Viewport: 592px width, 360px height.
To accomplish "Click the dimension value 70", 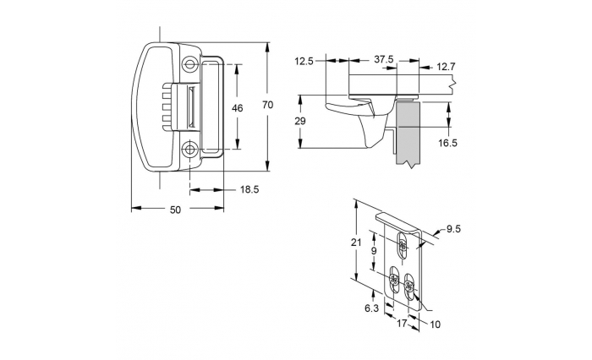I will tap(267, 105).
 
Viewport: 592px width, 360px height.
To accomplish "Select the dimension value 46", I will tap(237, 107).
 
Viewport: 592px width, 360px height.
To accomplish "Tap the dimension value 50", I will tap(176, 210).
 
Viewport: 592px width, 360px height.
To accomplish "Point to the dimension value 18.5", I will tap(249, 190).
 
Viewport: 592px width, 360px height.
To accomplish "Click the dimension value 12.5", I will tap(305, 60).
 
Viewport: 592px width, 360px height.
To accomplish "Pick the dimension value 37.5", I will tap(383, 60).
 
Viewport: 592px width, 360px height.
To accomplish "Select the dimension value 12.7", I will tap(448, 67).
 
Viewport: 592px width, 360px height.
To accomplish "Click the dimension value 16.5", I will tap(448, 143).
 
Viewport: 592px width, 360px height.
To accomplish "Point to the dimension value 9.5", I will tap(452, 228).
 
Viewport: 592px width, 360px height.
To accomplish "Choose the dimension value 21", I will tap(356, 243).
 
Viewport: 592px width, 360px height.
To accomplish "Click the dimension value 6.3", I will tap(370, 308).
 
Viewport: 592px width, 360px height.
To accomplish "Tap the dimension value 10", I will tap(436, 323).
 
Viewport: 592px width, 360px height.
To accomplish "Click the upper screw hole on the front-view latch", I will tap(189, 64).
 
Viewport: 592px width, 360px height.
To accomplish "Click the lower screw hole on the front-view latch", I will tap(189, 150).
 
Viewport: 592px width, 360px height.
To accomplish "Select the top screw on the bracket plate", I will tap(403, 246).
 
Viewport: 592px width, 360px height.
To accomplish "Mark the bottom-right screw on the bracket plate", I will tap(409, 290).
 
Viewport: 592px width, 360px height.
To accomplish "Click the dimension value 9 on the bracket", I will tap(374, 251).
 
